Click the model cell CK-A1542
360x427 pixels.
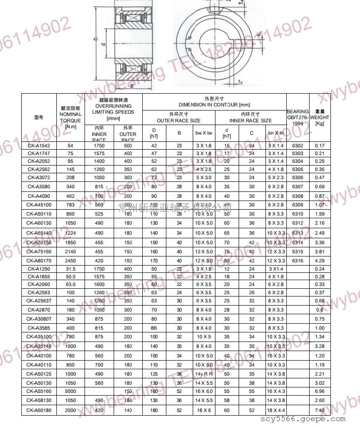[39, 146]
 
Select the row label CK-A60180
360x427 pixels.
[39, 410]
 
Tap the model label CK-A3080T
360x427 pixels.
[39, 319]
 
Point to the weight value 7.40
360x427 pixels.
[320, 410]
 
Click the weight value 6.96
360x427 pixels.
[320, 391]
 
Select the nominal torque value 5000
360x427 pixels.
[70, 391]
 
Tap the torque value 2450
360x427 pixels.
[70, 261]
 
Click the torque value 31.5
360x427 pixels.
[70, 269]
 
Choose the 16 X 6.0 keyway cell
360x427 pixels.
[204, 391]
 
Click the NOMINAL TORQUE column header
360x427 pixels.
[70, 117]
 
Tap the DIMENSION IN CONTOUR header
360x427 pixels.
[214, 101]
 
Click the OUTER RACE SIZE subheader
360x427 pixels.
[178, 117]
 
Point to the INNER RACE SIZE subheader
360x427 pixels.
[250, 117]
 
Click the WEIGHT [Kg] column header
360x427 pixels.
[320, 117]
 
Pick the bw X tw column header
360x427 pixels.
[204, 133]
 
